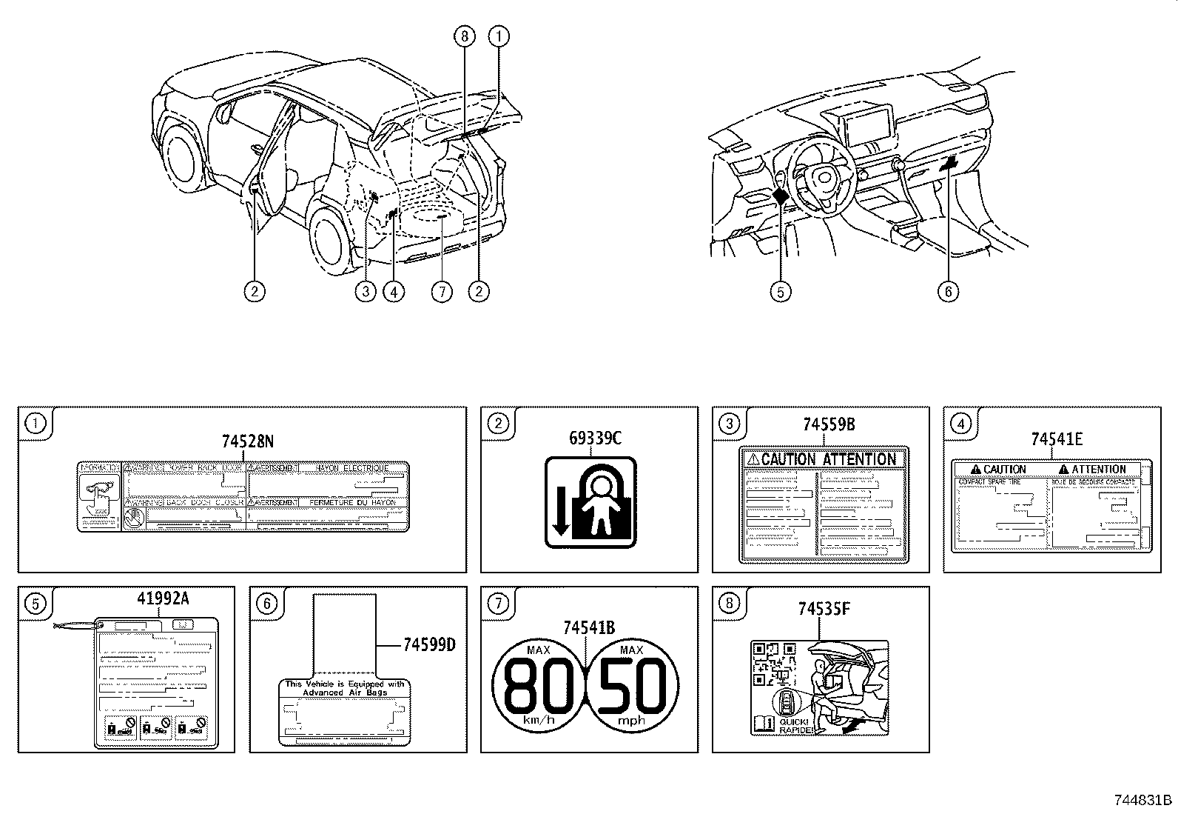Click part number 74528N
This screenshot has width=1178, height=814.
click(x=247, y=441)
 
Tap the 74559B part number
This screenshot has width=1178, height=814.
click(x=829, y=424)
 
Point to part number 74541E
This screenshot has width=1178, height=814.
click(x=1057, y=439)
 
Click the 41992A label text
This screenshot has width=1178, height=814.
click(x=163, y=598)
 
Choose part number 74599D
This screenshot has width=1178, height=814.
click(x=428, y=644)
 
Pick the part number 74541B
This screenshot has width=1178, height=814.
click(x=588, y=628)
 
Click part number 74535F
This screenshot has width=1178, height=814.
click(x=824, y=610)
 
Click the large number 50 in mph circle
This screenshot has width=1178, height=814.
click(x=632, y=685)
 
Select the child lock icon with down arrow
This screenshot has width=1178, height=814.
click(x=590, y=503)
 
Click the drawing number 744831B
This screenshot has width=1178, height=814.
click(x=1143, y=801)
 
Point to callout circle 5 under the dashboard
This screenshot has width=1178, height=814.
click(x=780, y=292)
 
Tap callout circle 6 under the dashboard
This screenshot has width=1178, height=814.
click(x=948, y=292)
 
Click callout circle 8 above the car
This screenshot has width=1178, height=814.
click(x=464, y=36)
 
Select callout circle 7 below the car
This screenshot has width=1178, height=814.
click(x=441, y=292)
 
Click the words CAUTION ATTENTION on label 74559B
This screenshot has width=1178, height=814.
click(x=828, y=459)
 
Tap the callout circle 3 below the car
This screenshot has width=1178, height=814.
click(x=365, y=292)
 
